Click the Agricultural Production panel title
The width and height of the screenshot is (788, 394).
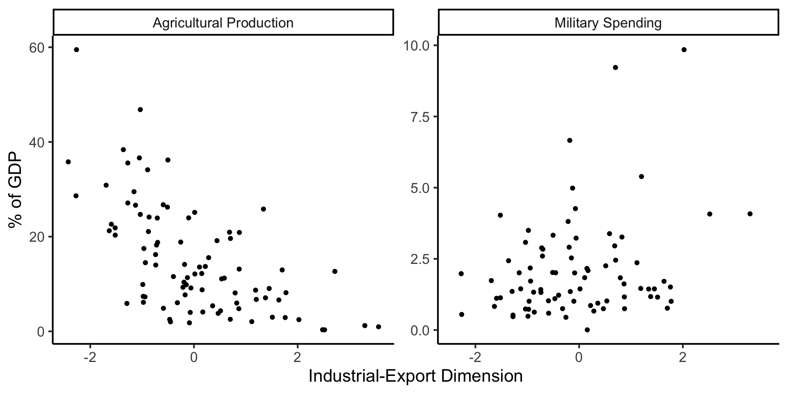223,23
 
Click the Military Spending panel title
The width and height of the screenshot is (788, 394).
608,23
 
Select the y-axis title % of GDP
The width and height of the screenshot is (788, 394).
16,190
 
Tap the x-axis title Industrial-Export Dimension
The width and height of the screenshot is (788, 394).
415,376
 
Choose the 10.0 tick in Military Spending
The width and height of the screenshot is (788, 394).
417,45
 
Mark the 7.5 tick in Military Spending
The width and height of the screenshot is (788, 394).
419,117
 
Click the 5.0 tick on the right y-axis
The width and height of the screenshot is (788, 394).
419,188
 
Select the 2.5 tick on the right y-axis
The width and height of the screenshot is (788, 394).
419,259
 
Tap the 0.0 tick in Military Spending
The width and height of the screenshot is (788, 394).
419,330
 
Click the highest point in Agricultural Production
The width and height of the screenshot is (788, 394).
76,50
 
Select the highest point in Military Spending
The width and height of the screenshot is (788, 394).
684,50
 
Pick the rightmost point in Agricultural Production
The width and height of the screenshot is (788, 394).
378,327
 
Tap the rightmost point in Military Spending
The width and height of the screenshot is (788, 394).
750,214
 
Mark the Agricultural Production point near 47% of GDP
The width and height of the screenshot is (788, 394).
140,110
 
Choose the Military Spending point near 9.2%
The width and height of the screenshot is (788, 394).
615,67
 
